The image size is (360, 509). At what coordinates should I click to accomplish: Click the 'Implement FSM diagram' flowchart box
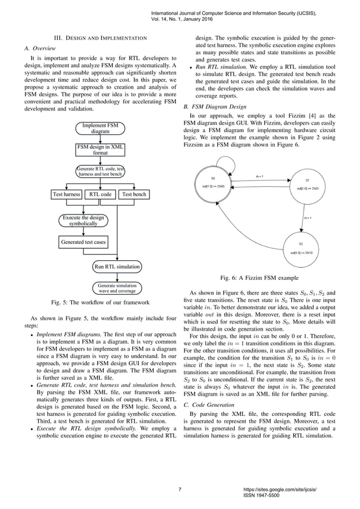100,128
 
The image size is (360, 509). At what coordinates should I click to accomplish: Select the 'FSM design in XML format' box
100,150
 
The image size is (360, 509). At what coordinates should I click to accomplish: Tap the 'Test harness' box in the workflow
66,195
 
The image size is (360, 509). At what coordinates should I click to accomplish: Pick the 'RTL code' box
101,195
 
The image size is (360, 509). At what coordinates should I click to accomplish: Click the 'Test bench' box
134,195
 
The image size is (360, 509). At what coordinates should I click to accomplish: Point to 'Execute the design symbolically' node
84,220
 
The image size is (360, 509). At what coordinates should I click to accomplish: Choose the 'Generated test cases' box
84,243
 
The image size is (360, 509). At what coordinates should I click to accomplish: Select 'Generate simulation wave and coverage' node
117,288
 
